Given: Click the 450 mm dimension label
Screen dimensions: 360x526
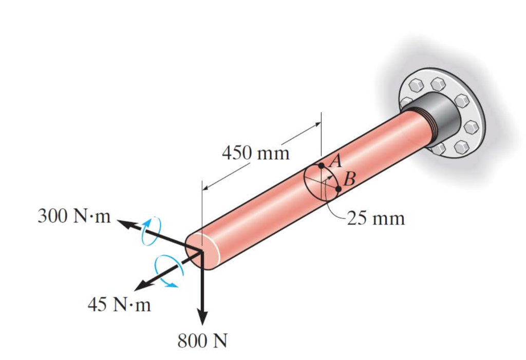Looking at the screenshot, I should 255,153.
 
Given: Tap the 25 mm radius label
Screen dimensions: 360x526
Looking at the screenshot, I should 376,218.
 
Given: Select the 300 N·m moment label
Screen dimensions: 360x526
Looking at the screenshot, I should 74,216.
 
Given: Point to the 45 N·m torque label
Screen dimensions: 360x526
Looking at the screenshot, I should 119,305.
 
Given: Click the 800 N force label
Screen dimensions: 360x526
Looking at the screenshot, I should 202,341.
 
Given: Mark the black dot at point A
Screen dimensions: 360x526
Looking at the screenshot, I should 321,166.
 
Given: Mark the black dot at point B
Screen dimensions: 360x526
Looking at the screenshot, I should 339,189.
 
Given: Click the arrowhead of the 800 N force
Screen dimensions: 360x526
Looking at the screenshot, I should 203,318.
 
